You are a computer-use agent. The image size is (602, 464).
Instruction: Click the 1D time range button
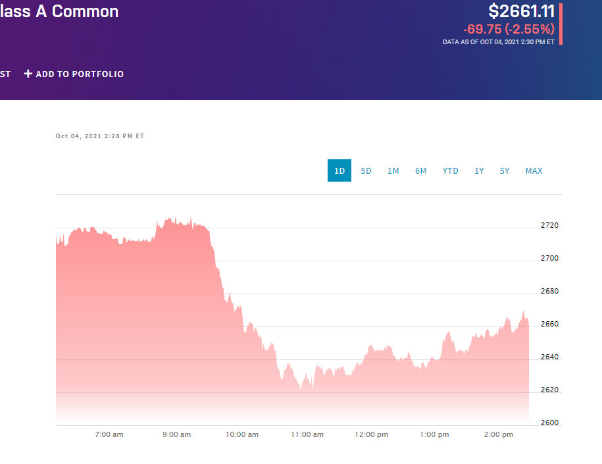pos(339,170)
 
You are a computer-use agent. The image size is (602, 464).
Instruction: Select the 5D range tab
pos(366,170)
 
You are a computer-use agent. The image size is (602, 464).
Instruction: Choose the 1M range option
pos(393,170)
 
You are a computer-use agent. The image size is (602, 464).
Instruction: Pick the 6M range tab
pos(420,170)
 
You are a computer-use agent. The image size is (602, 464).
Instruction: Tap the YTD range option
pos(450,170)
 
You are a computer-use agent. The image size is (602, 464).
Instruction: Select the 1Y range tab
pos(479,170)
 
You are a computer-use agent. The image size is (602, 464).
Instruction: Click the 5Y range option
pos(505,170)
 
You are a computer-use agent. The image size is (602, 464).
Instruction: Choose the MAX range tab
pos(534,170)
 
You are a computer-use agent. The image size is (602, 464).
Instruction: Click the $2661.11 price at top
pos(522,11)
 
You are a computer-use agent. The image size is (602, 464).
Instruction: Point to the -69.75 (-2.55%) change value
pos(509,29)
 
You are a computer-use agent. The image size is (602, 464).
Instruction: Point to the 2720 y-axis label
pos(549,225)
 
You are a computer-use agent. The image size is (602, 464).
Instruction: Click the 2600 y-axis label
pos(549,423)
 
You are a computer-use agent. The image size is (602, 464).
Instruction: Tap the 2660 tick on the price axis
pos(549,324)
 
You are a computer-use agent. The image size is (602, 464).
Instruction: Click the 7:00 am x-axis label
pos(109,434)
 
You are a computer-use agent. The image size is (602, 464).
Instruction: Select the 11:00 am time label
pos(307,434)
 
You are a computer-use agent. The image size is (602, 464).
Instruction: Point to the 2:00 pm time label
pos(499,434)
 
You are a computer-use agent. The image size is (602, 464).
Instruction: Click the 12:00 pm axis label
pos(370,434)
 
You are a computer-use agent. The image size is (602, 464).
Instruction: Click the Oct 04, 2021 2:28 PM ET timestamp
pos(100,136)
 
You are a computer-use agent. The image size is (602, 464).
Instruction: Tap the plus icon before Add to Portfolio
pos(28,74)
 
